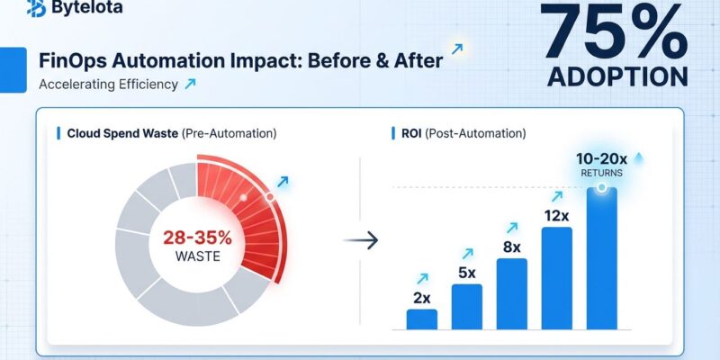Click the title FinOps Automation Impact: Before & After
[242, 61]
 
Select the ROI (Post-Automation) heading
[460, 133]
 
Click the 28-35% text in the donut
[199, 238]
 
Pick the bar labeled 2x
[421, 319]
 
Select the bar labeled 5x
[466, 306]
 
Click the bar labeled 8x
[511, 292]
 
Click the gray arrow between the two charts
[362, 241]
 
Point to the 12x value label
[556, 216]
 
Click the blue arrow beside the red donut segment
[283, 182]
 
